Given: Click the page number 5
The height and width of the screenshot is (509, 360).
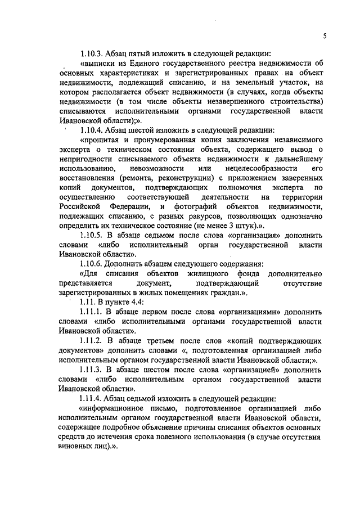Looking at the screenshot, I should (325, 35).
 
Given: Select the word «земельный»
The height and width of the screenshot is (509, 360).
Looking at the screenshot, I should (246, 82).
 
